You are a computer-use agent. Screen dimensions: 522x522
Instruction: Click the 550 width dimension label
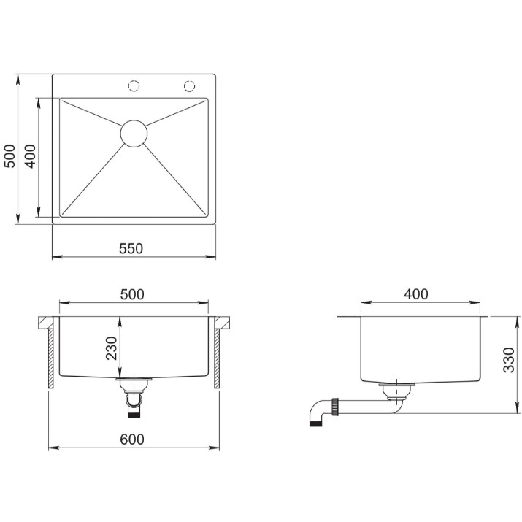[x=131, y=248]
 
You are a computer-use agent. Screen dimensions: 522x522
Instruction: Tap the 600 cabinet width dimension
[x=132, y=440]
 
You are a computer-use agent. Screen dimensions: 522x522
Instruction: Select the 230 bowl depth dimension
[x=112, y=348]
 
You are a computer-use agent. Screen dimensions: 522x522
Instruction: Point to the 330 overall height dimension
[x=509, y=360]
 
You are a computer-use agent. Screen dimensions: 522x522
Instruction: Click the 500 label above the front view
[x=132, y=294]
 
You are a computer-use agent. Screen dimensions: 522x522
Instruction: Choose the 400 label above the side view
[x=416, y=294]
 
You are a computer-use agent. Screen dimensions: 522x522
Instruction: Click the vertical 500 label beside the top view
[x=9, y=156]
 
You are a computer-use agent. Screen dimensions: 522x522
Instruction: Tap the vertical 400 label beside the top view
[x=30, y=156]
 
